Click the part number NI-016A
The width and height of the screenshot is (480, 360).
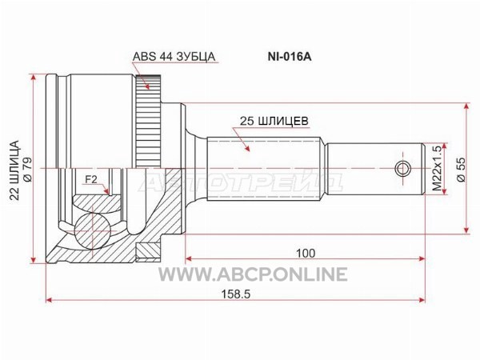tap(290, 57)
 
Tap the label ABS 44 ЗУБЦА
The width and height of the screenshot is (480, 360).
tap(174, 57)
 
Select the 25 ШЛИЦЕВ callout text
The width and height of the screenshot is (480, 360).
tap(274, 121)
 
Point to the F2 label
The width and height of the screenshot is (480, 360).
tap(90, 180)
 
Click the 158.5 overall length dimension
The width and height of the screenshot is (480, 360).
tap(236, 294)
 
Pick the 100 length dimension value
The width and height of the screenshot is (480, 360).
tap(306, 253)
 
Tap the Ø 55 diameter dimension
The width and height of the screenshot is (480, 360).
tap(461, 170)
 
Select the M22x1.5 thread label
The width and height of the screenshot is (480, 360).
tap(438, 169)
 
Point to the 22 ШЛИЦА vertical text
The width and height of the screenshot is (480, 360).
tap(14, 170)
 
